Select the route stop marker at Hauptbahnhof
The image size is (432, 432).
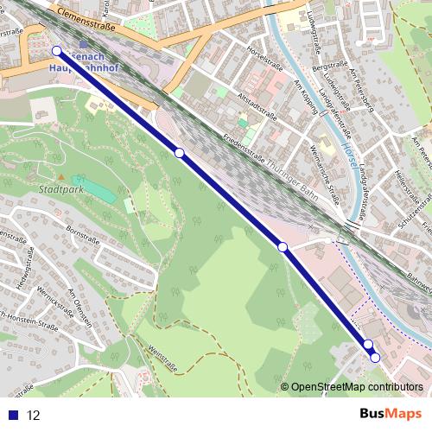57,51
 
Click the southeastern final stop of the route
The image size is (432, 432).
375,357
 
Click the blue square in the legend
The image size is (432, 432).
14,415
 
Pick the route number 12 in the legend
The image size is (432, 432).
34,415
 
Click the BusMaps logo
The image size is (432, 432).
391,414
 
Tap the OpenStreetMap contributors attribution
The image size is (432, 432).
357,387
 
